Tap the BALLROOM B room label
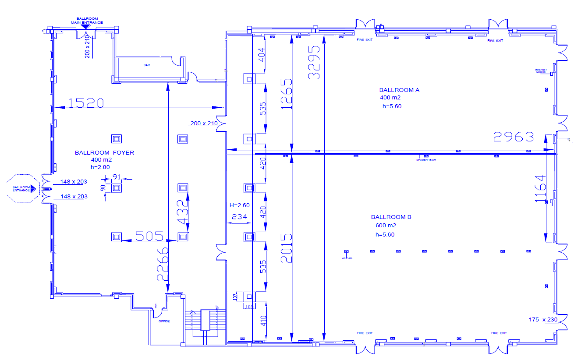tap(391, 217)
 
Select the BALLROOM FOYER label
tap(104, 152)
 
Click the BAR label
tap(147, 65)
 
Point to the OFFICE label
tap(164, 321)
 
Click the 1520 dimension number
tap(86, 103)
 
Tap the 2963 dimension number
tap(514, 137)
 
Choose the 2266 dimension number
tap(162, 263)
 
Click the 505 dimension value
tap(149, 236)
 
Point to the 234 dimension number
tap(239, 216)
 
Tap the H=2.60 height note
tap(239, 205)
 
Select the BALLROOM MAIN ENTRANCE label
tap(87, 21)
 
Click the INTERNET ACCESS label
tap(541, 71)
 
